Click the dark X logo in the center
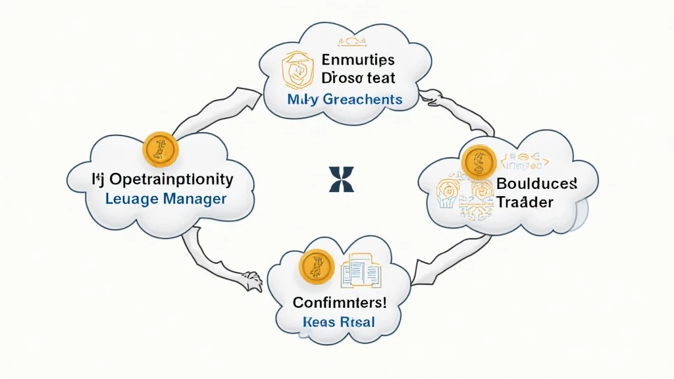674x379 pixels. point(341,179)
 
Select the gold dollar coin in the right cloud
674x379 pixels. point(479,162)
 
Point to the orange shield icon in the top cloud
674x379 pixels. point(296,77)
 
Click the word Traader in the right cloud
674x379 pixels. point(525,202)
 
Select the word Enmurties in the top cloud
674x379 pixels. point(359,60)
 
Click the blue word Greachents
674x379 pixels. point(361,99)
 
